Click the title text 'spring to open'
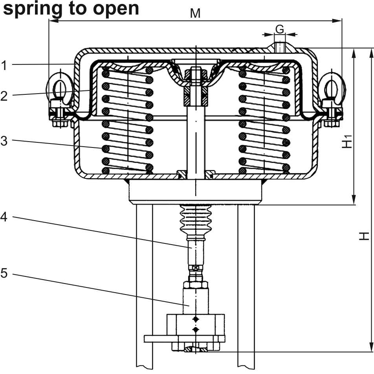(x=71, y=8)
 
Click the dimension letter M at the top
(x=195, y=13)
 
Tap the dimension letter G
(x=279, y=29)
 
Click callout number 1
(x=4, y=65)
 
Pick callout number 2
(x=4, y=96)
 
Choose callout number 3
(x=4, y=141)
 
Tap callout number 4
(x=4, y=217)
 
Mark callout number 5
(x=4, y=273)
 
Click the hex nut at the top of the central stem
(x=195, y=74)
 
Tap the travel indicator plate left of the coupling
(x=156, y=339)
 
